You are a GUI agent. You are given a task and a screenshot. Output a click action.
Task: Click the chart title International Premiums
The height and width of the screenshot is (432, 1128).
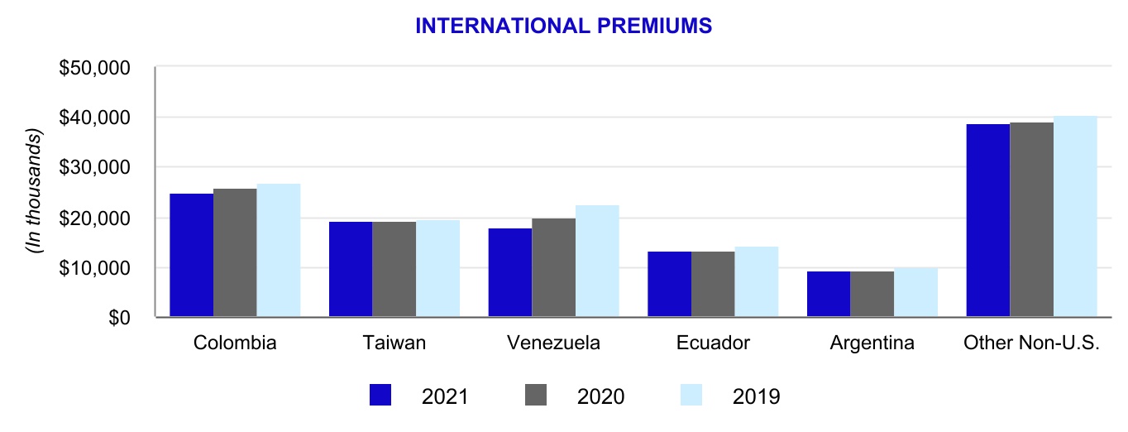pos(563,26)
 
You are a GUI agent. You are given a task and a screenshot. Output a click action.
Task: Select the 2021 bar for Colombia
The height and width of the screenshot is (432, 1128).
pos(191,255)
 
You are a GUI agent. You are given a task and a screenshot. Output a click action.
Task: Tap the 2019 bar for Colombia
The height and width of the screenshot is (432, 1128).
pos(278,250)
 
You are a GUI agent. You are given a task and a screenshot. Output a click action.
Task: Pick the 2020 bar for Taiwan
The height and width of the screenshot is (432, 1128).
pos(394,269)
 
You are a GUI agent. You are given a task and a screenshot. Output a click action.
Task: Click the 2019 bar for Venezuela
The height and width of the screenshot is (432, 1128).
pos(597,261)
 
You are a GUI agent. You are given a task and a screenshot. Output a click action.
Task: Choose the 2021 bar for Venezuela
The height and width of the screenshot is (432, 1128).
pos(510,272)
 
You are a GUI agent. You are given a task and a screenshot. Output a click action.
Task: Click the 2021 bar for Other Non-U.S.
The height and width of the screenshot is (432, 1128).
pos(988,220)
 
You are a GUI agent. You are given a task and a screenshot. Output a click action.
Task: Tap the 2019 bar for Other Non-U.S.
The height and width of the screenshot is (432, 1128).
pos(1075,216)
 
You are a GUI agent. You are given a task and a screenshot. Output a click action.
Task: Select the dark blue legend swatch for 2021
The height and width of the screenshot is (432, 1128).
pos(380,396)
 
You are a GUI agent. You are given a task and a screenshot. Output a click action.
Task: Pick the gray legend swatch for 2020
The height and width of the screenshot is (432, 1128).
pos(537,396)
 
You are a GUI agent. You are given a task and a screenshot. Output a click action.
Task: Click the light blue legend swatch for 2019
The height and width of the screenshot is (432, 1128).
pos(691,396)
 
